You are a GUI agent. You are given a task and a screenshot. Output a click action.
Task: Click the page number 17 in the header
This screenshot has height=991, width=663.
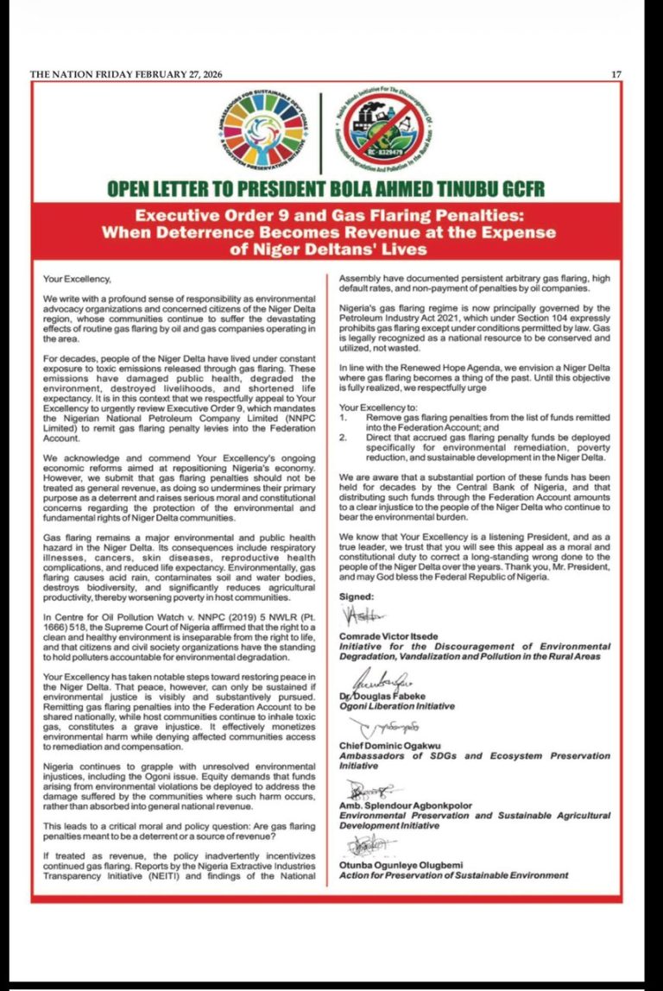[616, 75]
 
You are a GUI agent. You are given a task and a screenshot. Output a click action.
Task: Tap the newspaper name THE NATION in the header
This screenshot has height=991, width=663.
[61, 75]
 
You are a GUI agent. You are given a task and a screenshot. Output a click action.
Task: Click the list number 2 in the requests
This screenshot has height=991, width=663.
[343, 437]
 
